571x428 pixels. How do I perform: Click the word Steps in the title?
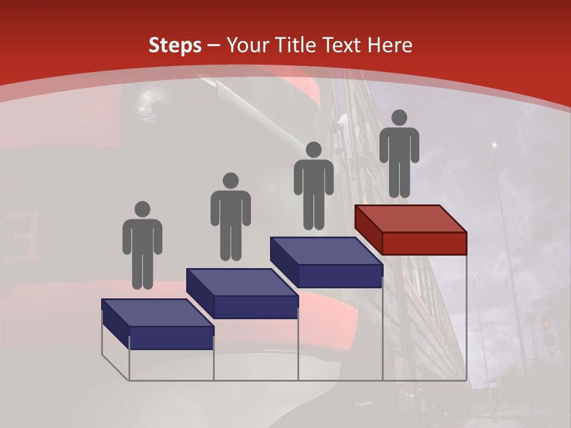pos(175,46)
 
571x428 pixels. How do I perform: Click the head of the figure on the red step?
pos(399,118)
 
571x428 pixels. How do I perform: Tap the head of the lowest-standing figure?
pos(142,209)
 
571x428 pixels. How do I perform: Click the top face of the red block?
pos(410,218)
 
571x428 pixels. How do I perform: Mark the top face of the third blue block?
pos(326,251)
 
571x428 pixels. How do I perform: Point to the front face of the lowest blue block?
pos(171,338)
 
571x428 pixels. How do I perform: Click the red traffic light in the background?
pos(546,324)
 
